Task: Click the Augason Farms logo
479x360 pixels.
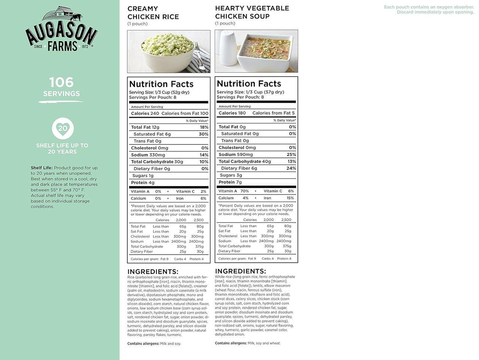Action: [61, 29]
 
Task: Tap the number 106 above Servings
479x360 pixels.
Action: [61, 82]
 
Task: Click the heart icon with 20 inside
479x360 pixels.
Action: [62, 128]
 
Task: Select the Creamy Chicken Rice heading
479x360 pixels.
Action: [153, 13]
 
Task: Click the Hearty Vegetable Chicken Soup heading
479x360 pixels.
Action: [252, 12]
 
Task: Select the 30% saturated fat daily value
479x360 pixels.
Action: [204, 134]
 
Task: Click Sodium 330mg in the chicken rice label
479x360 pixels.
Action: [148, 155]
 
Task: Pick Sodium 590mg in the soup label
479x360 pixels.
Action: [235, 155]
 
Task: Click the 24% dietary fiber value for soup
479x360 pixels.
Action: [291, 168]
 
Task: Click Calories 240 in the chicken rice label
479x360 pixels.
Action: [145, 113]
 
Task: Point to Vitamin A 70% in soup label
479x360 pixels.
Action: [234, 191]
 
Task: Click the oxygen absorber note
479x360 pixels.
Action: [429, 10]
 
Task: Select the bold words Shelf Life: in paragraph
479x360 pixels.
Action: [41, 168]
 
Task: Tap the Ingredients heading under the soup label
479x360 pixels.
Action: [240, 271]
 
